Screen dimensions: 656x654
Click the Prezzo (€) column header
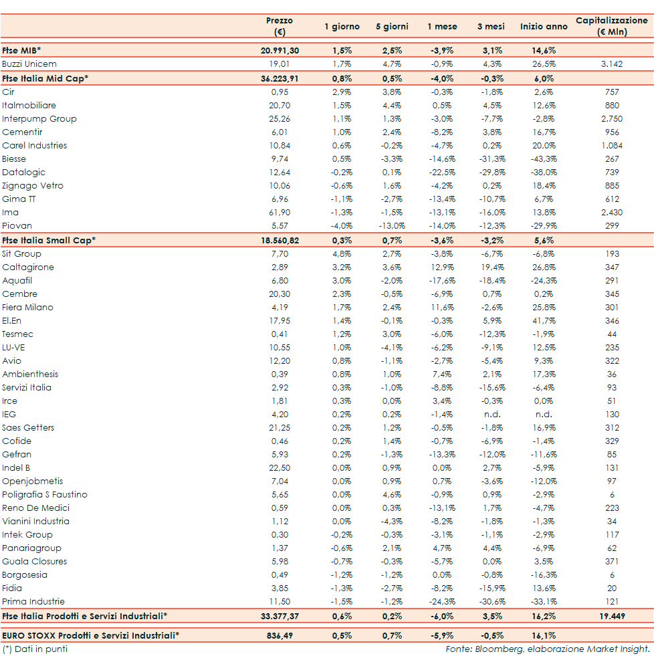280,26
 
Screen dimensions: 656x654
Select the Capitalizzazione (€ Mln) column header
611,26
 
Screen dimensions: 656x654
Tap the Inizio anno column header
544,27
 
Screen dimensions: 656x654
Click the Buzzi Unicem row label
29,64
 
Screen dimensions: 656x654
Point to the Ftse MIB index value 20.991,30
280,51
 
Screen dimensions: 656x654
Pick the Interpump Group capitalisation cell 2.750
611,119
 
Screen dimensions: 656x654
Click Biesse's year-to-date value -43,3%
544,159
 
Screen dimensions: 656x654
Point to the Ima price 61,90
280,213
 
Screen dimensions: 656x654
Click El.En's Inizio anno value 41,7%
544,321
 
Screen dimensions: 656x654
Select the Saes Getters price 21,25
280,428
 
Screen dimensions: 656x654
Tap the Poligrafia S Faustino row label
45,495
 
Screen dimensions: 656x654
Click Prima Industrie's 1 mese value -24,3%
442,602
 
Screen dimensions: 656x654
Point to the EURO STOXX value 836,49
280,635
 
